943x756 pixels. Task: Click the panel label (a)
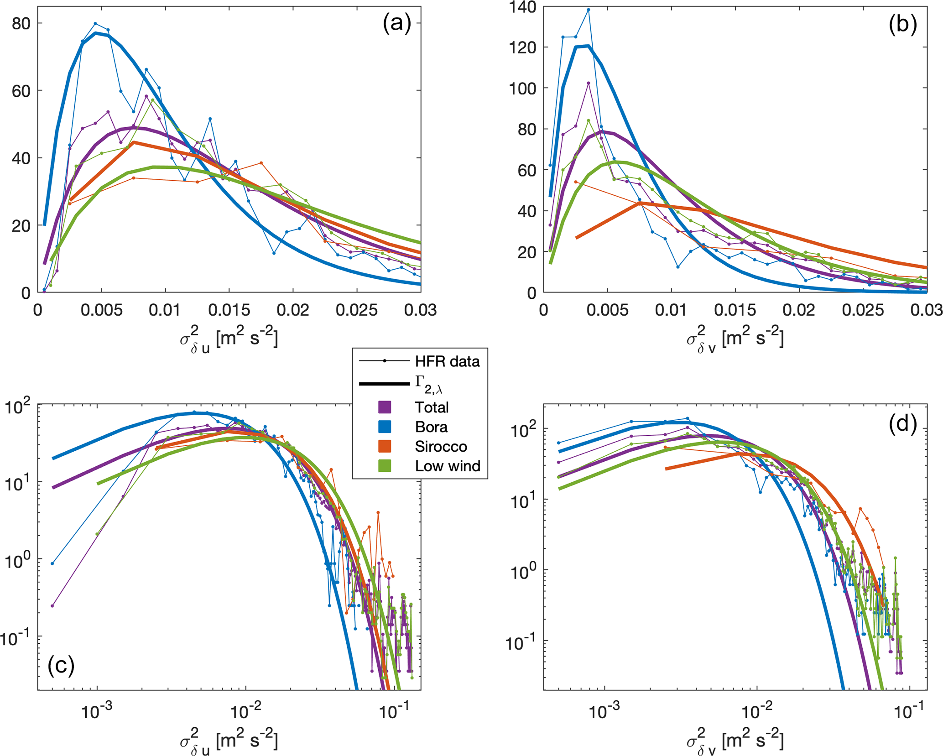tap(396, 23)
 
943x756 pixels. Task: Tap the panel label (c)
tap(61, 666)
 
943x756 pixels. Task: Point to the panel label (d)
tap(902, 424)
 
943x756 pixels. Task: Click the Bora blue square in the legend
tap(385, 427)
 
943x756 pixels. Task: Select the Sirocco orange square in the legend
tap(385, 446)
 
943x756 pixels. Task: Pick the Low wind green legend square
tap(385, 466)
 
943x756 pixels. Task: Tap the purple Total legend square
tap(385, 407)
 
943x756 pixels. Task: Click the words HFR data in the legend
tap(447, 362)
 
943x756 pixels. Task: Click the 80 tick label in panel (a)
tap(21, 23)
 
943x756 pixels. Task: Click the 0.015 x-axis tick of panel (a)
tap(229, 310)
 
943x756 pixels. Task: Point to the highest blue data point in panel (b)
tap(589, 10)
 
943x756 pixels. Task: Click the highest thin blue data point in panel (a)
tap(95, 23)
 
